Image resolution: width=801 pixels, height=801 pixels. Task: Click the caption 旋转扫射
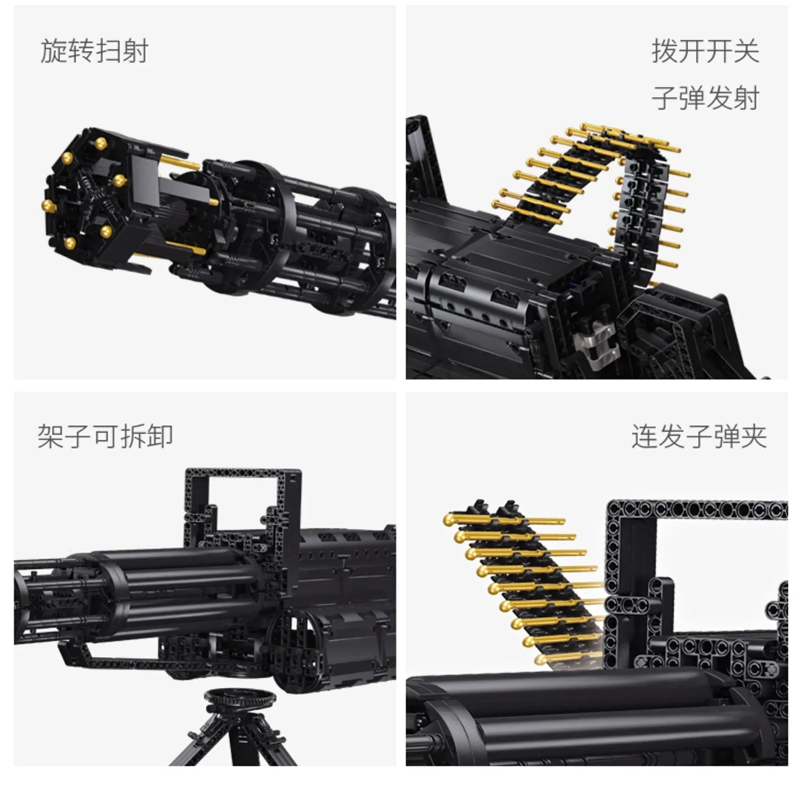tap(94, 51)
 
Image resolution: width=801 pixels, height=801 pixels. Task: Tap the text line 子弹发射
tap(705, 98)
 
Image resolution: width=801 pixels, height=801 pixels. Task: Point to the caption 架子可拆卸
tap(105, 436)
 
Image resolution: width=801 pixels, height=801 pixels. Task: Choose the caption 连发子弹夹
tap(699, 436)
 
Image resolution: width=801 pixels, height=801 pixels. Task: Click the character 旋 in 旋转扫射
tap(54, 51)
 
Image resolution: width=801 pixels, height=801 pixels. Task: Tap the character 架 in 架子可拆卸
tap(50, 436)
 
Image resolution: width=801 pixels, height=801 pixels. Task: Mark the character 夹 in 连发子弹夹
tap(753, 436)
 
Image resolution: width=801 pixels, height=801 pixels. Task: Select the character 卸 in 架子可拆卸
tap(160, 436)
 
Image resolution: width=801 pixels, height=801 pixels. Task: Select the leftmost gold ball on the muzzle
tap(49, 206)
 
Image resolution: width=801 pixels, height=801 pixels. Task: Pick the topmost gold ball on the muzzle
tap(101, 144)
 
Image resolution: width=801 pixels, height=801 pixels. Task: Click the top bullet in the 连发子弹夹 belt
tap(504, 520)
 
